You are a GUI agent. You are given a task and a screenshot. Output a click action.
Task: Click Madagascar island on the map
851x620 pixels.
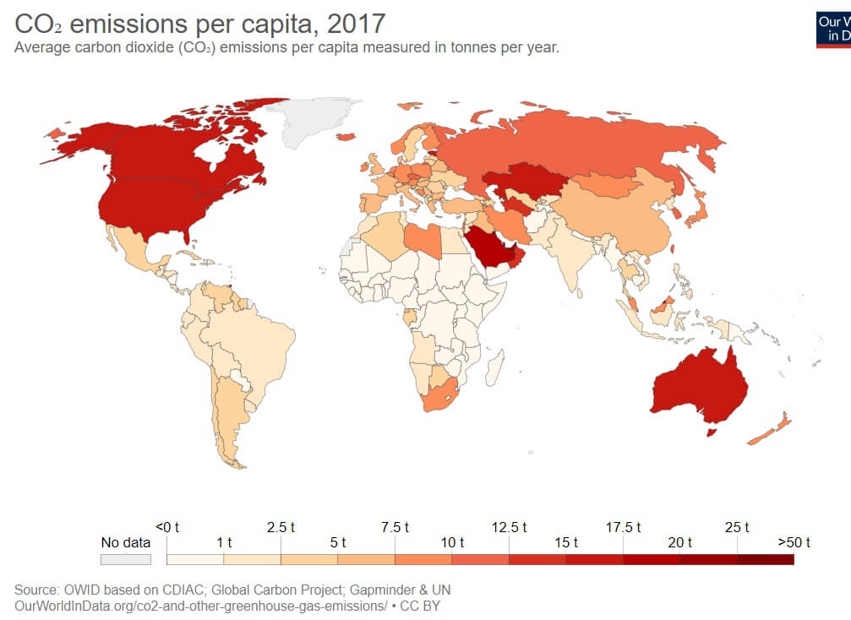(496, 369)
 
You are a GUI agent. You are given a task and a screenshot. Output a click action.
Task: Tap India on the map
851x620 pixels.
(576, 253)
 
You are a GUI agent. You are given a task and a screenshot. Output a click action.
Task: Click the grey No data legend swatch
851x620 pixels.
(125, 558)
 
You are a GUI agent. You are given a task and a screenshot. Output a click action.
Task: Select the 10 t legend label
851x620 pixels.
(452, 542)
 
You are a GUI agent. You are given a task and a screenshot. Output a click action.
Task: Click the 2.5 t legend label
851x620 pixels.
(281, 527)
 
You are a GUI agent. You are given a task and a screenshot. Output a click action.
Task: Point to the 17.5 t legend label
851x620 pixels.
(624, 527)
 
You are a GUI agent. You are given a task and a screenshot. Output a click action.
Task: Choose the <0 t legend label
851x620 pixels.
(168, 527)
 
